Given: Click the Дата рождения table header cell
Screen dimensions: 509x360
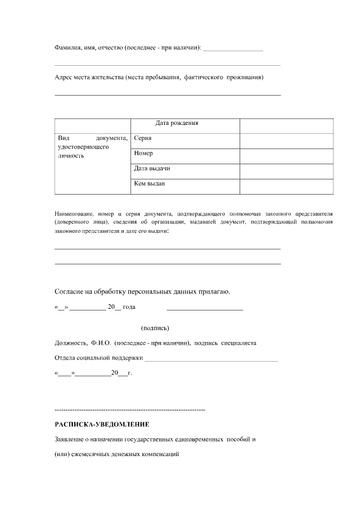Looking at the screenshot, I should tap(177, 123).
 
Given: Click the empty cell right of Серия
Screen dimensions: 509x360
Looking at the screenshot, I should tap(286, 141).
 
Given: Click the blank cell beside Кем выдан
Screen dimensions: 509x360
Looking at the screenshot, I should tap(286, 186).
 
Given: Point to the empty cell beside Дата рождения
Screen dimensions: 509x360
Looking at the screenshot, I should tap(286, 126).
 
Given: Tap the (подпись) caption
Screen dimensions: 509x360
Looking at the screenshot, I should tap(155, 328).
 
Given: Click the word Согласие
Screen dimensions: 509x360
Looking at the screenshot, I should tap(72, 291).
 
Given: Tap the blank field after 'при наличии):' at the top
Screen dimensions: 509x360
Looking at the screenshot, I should tap(233, 50).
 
